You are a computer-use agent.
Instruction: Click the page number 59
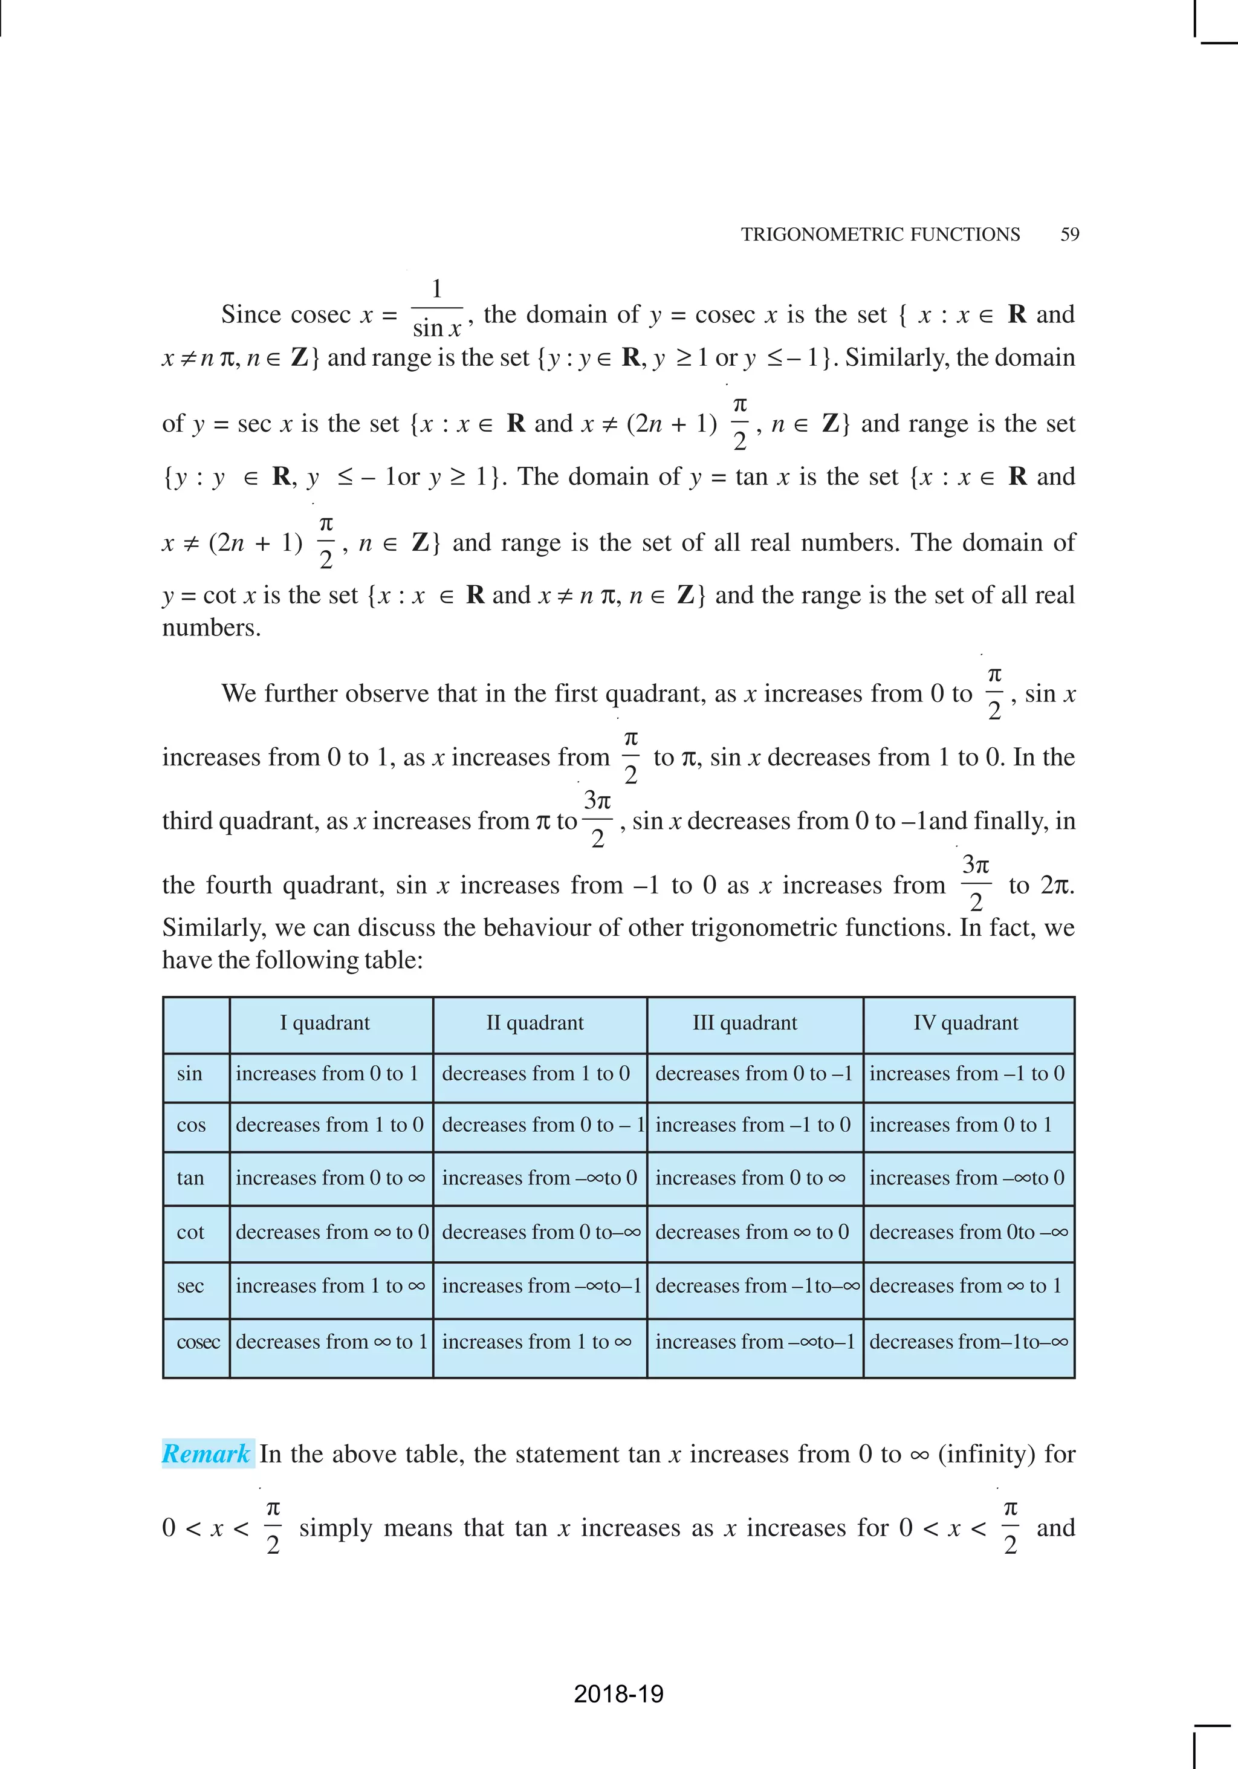click(x=1069, y=234)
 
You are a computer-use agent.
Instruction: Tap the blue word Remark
click(x=206, y=1453)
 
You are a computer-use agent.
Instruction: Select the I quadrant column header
click(x=325, y=1022)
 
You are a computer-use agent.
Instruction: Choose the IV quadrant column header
click(x=965, y=1022)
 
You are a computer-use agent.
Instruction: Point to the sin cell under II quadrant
click(x=536, y=1073)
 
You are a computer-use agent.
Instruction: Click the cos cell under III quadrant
click(x=753, y=1125)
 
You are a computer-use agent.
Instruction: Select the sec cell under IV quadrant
click(x=965, y=1285)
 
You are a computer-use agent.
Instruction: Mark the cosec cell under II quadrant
click(x=536, y=1342)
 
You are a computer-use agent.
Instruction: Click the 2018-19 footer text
click(x=618, y=1693)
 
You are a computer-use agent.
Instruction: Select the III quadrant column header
click(x=744, y=1022)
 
